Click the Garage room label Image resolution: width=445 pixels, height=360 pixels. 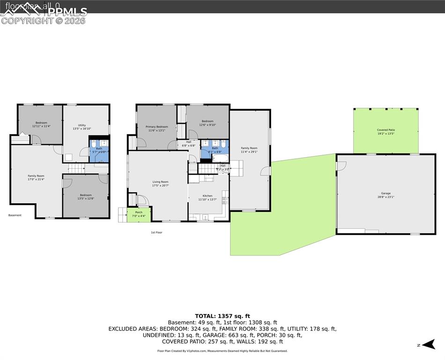pyautogui.click(x=386, y=195)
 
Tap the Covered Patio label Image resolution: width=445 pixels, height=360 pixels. pyautogui.click(x=386, y=132)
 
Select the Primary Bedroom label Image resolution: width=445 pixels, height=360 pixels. pyautogui.click(x=156, y=128)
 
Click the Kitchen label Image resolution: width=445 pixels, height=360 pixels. pyautogui.click(x=207, y=198)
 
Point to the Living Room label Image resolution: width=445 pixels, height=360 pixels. pyautogui.click(x=160, y=184)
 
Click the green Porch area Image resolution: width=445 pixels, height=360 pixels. pyautogui.click(x=139, y=215)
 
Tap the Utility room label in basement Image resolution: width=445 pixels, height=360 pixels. pyautogui.click(x=82, y=127)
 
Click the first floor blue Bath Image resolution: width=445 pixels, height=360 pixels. pyautogui.click(x=215, y=150)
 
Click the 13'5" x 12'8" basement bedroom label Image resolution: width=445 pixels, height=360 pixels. pyautogui.click(x=85, y=197)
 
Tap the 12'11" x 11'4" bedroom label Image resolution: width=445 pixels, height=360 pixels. pyautogui.click(x=41, y=125)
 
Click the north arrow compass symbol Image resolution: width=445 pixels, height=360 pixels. pyautogui.click(x=427, y=345)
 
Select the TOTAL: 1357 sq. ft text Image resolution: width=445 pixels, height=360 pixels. pyautogui.click(x=222, y=316)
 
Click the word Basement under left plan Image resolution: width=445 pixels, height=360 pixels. pyautogui.click(x=15, y=215)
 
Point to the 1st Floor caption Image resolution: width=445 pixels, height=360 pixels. pyautogui.click(x=156, y=232)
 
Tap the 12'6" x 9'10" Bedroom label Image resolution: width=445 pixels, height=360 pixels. pyautogui.click(x=207, y=123)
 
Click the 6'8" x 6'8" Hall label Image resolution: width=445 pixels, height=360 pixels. pyautogui.click(x=188, y=143)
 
